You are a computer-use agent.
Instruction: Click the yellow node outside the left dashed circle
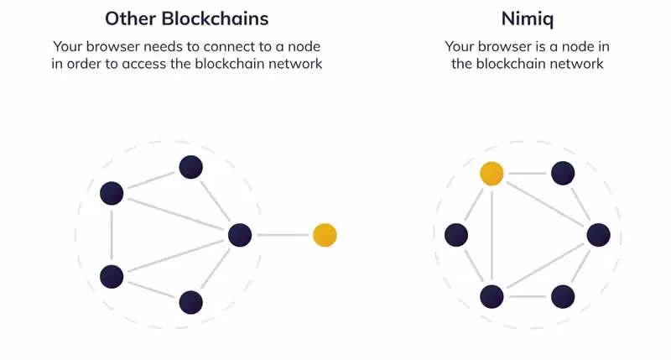point(325,235)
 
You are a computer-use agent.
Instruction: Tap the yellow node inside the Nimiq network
point(492,174)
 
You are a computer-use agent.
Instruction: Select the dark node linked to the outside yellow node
point(240,235)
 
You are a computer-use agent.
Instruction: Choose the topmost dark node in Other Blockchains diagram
point(190,167)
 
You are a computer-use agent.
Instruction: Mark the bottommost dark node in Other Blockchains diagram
point(190,302)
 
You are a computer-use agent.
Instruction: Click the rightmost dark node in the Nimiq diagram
point(598,235)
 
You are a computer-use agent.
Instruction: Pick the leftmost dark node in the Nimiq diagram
point(455,235)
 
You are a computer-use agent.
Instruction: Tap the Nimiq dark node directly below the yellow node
point(492,296)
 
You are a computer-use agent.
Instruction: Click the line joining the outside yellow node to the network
point(282,235)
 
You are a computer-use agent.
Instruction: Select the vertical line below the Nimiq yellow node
point(492,235)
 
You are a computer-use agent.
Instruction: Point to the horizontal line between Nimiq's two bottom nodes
point(527,296)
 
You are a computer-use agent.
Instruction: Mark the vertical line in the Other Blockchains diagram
point(112,235)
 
